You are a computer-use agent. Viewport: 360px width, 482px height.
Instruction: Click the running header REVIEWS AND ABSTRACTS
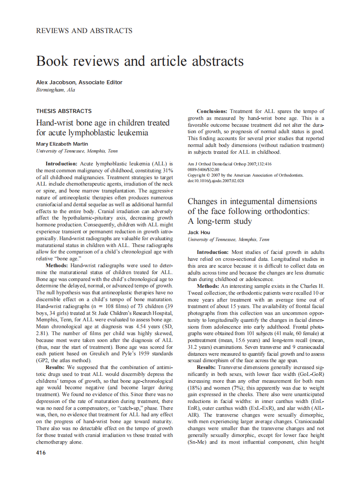pos(84,31)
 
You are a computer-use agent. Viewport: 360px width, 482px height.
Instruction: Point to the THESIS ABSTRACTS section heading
pos(64,111)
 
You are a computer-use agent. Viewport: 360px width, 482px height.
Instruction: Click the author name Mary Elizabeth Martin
pos(62,144)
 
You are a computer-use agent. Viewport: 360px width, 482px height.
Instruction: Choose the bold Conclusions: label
pos(212,111)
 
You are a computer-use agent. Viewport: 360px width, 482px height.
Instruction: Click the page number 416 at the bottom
pos(41,452)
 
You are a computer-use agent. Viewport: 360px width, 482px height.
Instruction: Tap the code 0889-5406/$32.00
pos(204,170)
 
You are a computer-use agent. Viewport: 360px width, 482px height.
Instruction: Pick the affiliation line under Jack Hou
pos(229,239)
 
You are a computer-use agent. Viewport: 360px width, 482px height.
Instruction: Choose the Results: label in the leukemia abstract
pos(60,367)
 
